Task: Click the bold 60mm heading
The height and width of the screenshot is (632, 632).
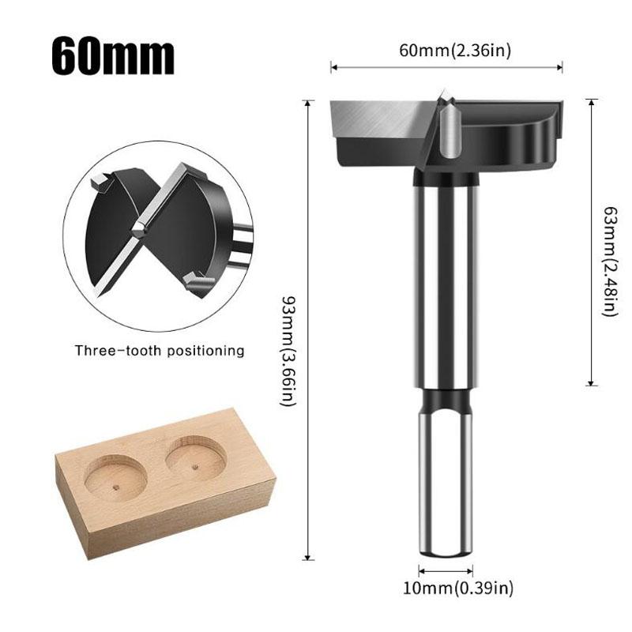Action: click(113, 54)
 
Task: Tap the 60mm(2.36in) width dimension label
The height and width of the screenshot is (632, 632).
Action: click(447, 51)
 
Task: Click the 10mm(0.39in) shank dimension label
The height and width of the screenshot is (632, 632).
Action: click(446, 588)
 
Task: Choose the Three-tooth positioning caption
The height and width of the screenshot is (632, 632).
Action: click(160, 350)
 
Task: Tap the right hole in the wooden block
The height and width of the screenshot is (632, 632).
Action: click(195, 457)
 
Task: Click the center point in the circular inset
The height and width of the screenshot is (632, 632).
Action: click(139, 229)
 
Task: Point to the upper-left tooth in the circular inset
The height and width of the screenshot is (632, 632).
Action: click(100, 183)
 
